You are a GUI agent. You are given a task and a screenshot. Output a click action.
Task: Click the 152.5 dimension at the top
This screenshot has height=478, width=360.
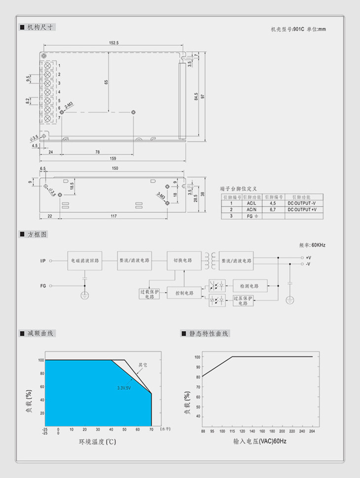pyautogui.click(x=113, y=43)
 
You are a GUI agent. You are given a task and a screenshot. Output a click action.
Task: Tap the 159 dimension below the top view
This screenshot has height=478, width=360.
pyautogui.click(x=113, y=158)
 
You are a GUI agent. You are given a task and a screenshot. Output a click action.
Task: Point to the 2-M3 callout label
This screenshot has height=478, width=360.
pyautogui.click(x=68, y=105)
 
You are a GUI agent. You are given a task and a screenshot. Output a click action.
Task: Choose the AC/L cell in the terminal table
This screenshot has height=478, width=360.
pyautogui.click(x=252, y=203)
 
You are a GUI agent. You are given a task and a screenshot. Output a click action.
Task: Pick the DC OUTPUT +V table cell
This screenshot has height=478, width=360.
pyautogui.click(x=302, y=209)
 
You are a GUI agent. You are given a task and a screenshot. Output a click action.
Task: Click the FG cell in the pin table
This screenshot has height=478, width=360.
pyautogui.click(x=252, y=216)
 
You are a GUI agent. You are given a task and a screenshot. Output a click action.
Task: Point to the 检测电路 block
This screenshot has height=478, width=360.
pyautogui.click(x=250, y=286)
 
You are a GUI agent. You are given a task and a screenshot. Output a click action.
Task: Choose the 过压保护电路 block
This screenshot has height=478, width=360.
pyautogui.click(x=243, y=301)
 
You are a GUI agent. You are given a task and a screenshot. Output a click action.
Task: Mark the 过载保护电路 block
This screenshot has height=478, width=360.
pyautogui.click(x=149, y=294)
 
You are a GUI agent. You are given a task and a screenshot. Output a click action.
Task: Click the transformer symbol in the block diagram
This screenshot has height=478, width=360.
pyautogui.click(x=211, y=260)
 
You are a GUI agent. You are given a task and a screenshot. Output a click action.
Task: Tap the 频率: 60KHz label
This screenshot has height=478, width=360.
pyautogui.click(x=312, y=244)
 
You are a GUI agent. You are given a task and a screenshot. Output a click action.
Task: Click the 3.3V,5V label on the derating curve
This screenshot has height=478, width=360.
pyautogui.click(x=124, y=388)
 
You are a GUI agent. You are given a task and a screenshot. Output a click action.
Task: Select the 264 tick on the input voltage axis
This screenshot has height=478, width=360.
pyautogui.click(x=312, y=431)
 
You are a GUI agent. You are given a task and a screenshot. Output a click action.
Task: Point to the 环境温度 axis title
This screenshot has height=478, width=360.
pyautogui.click(x=97, y=442)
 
